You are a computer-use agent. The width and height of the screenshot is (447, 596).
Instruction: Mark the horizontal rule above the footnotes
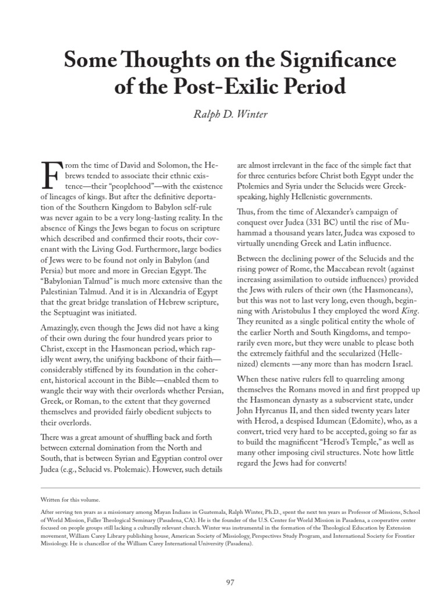coord(223,487)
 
